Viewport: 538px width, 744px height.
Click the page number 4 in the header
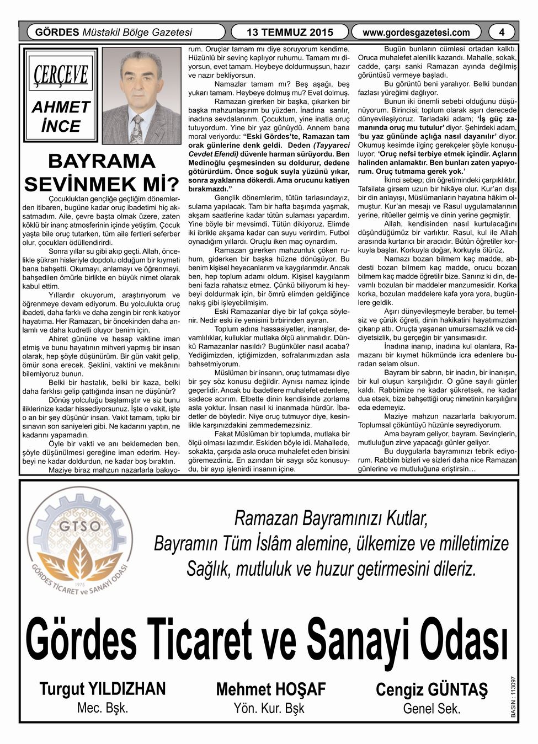(502, 32)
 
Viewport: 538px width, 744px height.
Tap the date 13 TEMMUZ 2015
(290, 33)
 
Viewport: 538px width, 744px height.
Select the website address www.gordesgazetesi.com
(416, 33)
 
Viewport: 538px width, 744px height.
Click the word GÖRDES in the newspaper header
(57, 32)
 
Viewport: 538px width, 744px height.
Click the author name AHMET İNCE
(61, 116)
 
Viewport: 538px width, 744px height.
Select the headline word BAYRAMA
(102, 161)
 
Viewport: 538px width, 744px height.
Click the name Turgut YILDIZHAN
(102, 688)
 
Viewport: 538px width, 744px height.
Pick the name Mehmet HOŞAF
(271, 689)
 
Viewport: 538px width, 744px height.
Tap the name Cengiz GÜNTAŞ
(432, 689)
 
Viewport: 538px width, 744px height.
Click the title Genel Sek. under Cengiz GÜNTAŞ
(432, 708)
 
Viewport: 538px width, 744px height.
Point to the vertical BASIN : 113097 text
(514, 697)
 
